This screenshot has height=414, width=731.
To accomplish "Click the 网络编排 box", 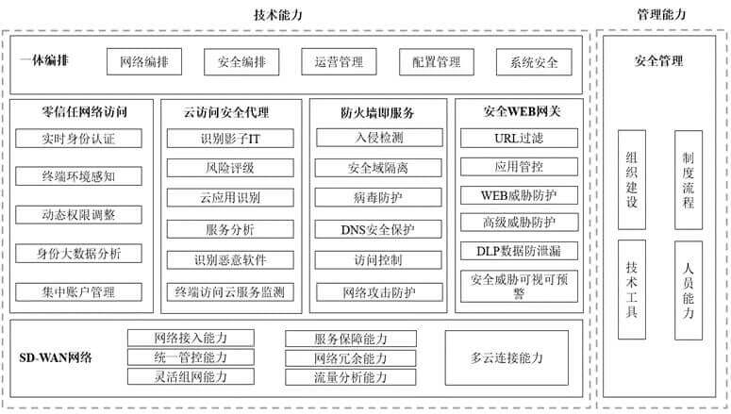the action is [x=144, y=61].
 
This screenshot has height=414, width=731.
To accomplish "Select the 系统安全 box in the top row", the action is [x=534, y=62].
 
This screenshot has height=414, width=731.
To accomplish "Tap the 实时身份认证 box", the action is [x=78, y=139].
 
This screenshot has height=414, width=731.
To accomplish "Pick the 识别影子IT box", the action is [x=230, y=139].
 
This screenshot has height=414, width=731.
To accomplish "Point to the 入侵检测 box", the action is [x=379, y=138].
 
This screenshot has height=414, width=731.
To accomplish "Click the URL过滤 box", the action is [x=519, y=138].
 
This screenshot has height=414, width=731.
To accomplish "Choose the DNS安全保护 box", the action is [x=378, y=229].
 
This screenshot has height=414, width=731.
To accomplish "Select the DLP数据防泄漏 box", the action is [x=519, y=251].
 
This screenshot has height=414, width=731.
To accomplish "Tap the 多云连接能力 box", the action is [x=507, y=357].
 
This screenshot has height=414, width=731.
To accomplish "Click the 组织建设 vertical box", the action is [x=632, y=179].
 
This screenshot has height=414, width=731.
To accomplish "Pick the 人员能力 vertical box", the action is [x=689, y=290].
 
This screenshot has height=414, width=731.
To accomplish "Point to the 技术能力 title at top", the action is [x=278, y=15].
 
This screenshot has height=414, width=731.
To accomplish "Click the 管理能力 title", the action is [x=661, y=14].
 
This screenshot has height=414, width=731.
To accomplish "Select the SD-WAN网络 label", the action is [x=56, y=357].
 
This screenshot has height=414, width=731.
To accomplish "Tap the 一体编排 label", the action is [x=43, y=60].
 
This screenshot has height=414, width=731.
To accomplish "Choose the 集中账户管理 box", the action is [x=78, y=292].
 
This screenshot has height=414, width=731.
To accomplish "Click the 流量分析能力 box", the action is [x=351, y=377].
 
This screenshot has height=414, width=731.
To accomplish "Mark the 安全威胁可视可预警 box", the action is [x=519, y=286].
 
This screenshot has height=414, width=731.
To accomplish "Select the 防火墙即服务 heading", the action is [x=377, y=112].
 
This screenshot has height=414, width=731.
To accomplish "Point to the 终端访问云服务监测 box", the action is [x=230, y=292].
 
